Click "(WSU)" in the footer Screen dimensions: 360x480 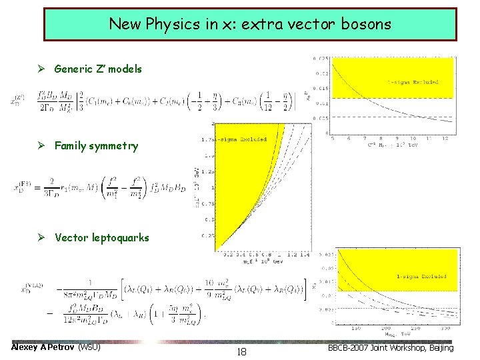(89, 347)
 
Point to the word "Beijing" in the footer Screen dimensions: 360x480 (437, 348)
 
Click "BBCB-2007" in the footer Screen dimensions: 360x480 (351, 348)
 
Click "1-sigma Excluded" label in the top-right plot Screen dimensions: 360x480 (413, 82)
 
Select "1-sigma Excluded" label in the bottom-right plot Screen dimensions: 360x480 (421, 276)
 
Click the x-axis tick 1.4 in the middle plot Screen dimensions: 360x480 (304, 254)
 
